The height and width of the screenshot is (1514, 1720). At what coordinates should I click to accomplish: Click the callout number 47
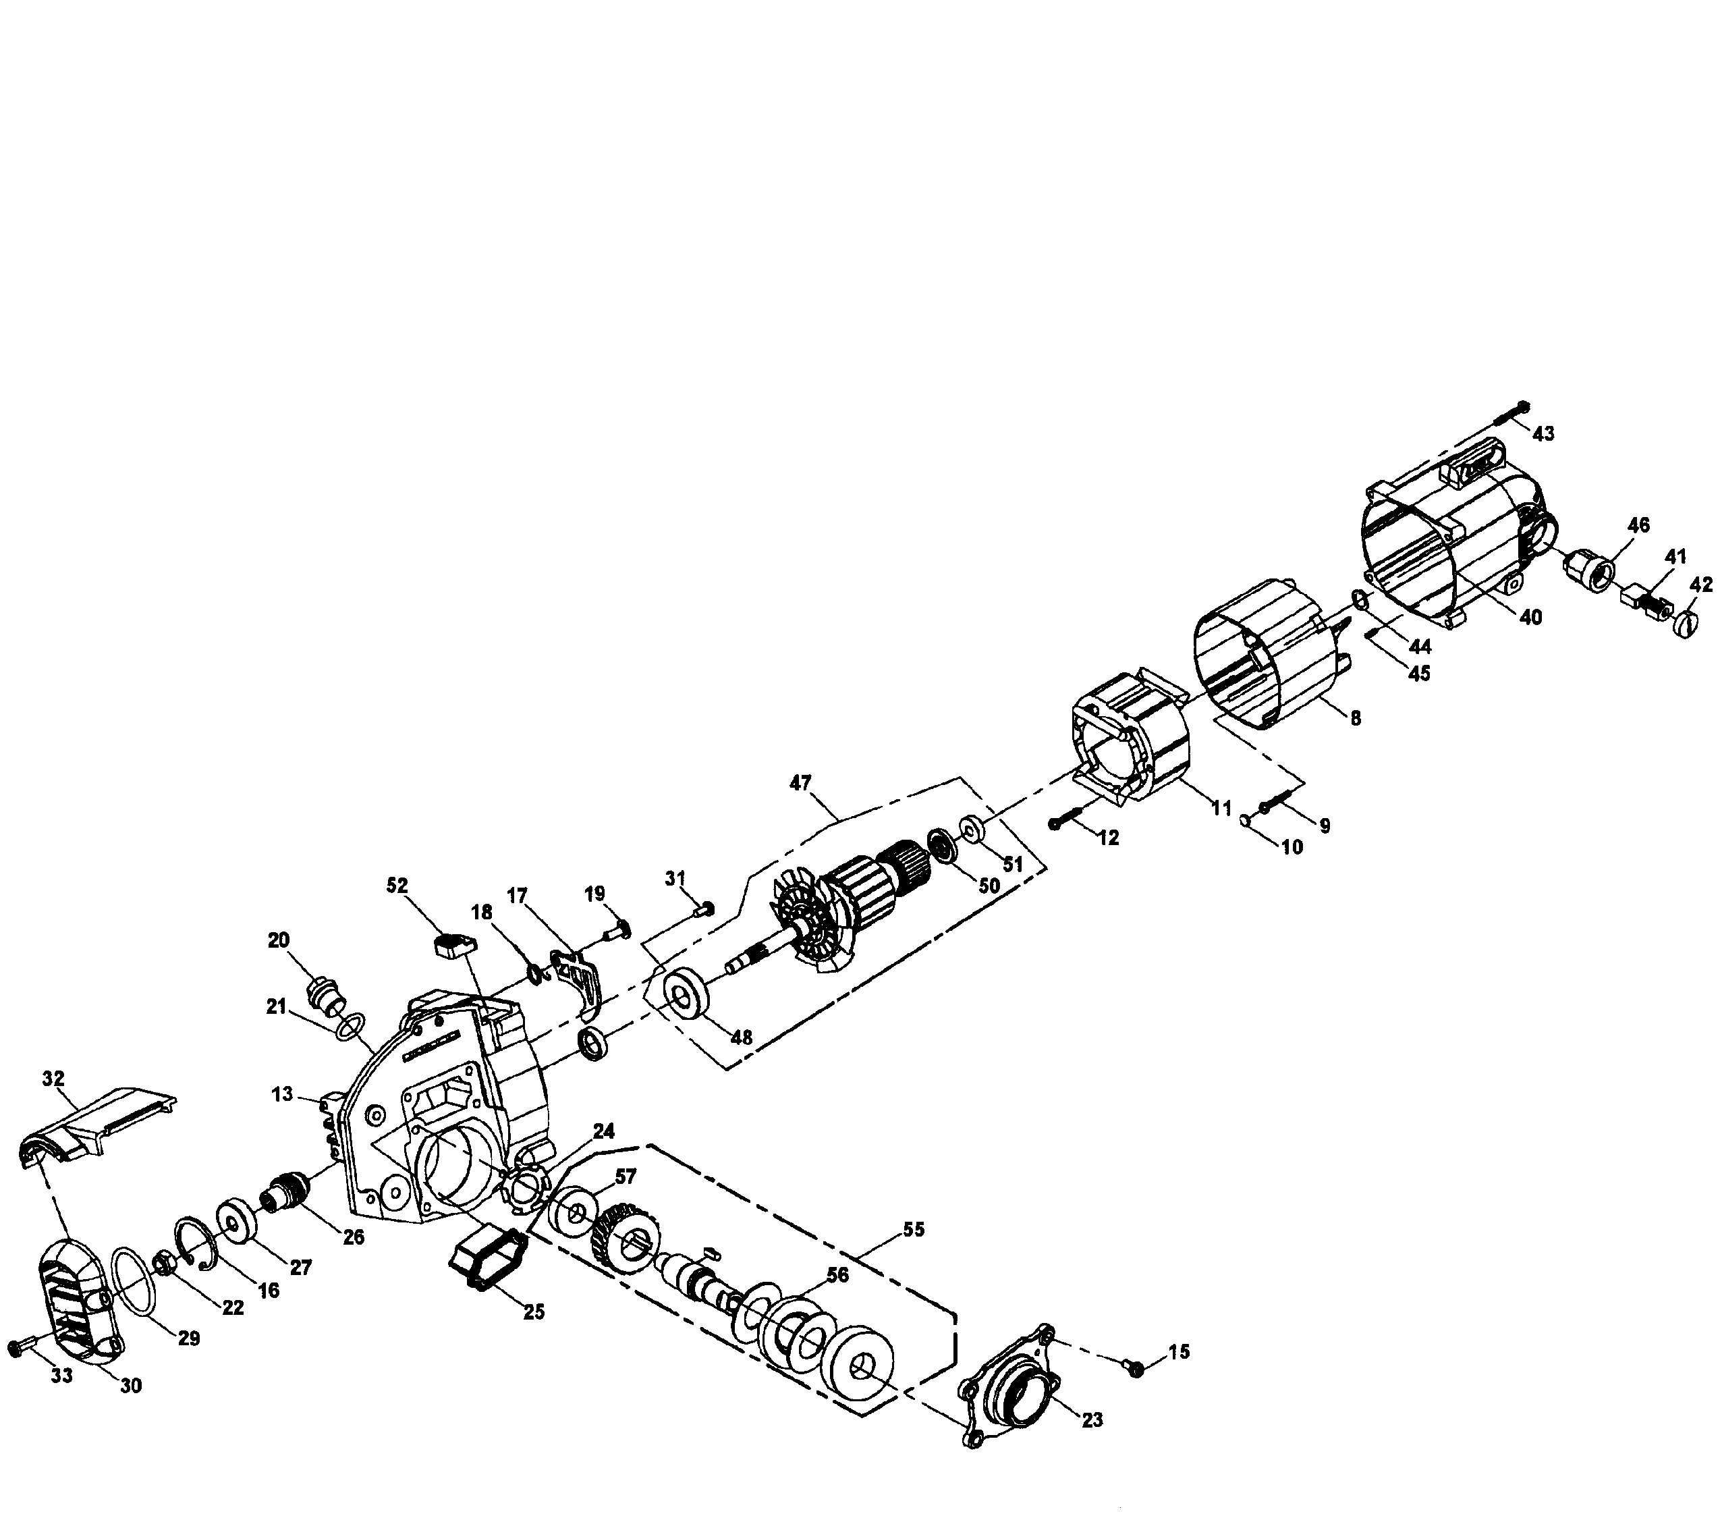click(x=800, y=784)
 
